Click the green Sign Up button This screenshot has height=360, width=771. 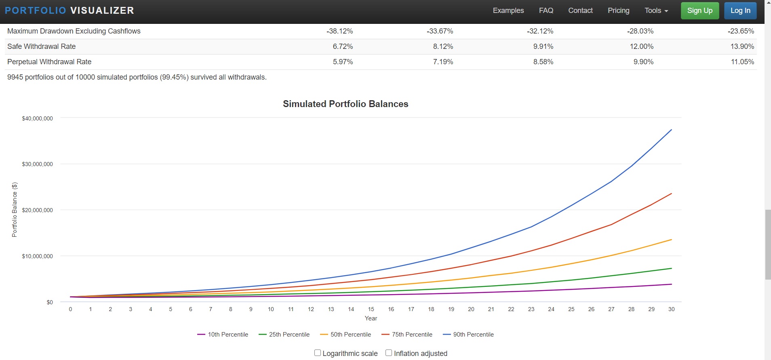coord(699,11)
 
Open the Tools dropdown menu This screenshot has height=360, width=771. coord(656,11)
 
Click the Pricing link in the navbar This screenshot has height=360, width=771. coord(618,11)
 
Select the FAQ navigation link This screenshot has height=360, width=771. coord(546,11)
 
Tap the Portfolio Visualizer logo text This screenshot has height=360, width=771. coord(69,11)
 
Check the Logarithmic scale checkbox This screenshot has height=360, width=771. coord(318,353)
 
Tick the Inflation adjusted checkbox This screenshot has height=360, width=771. coord(389,353)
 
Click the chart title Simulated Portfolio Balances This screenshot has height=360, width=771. coord(345,104)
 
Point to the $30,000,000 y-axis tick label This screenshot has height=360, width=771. coord(37,164)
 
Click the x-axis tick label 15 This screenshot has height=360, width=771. coord(371,309)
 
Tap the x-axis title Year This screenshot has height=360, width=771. coord(371,318)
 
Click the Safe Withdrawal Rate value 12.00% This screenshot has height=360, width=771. coord(641,46)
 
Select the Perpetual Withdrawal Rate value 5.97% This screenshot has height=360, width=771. coord(343,62)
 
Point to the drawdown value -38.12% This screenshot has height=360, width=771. coord(339,31)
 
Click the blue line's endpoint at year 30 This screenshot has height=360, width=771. coord(671,130)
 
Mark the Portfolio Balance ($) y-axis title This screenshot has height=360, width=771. coord(15,210)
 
